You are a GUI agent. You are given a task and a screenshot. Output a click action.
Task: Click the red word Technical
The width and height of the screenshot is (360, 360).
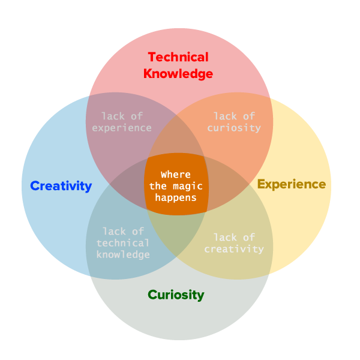[x=178, y=58]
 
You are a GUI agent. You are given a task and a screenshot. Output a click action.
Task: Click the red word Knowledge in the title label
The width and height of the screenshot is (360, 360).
[x=178, y=74]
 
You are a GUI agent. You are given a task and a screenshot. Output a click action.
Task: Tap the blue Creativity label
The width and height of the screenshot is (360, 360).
[x=61, y=186]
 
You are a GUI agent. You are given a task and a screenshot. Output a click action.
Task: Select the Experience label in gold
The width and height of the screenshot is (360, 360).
[x=292, y=184]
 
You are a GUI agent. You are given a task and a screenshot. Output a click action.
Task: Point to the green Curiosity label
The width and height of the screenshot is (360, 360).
[x=176, y=295]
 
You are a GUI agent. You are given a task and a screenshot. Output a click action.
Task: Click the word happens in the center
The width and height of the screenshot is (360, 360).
[x=176, y=196]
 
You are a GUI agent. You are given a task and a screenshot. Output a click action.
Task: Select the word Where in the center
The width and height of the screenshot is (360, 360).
[x=176, y=175]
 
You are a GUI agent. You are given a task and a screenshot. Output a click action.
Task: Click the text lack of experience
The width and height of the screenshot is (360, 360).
[x=126, y=122]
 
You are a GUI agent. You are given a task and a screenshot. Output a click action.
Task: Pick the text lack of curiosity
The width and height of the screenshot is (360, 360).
[x=234, y=122]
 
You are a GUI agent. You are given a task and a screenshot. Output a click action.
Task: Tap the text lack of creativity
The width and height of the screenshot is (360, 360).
[x=234, y=243]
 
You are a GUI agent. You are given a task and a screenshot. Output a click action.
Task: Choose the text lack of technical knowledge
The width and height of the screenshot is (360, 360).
[x=123, y=243]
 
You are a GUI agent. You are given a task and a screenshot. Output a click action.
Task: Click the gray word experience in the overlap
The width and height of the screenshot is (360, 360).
[x=126, y=128]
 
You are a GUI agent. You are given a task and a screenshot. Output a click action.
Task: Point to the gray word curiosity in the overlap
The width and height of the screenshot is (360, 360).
[x=234, y=128]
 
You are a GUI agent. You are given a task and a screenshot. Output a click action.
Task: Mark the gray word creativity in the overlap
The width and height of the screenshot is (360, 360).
[x=234, y=249]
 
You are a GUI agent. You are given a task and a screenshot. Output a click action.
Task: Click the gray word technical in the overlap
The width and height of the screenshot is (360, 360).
[x=123, y=243]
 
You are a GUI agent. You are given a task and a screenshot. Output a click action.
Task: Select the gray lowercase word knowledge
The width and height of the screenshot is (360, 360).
[x=123, y=254]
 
